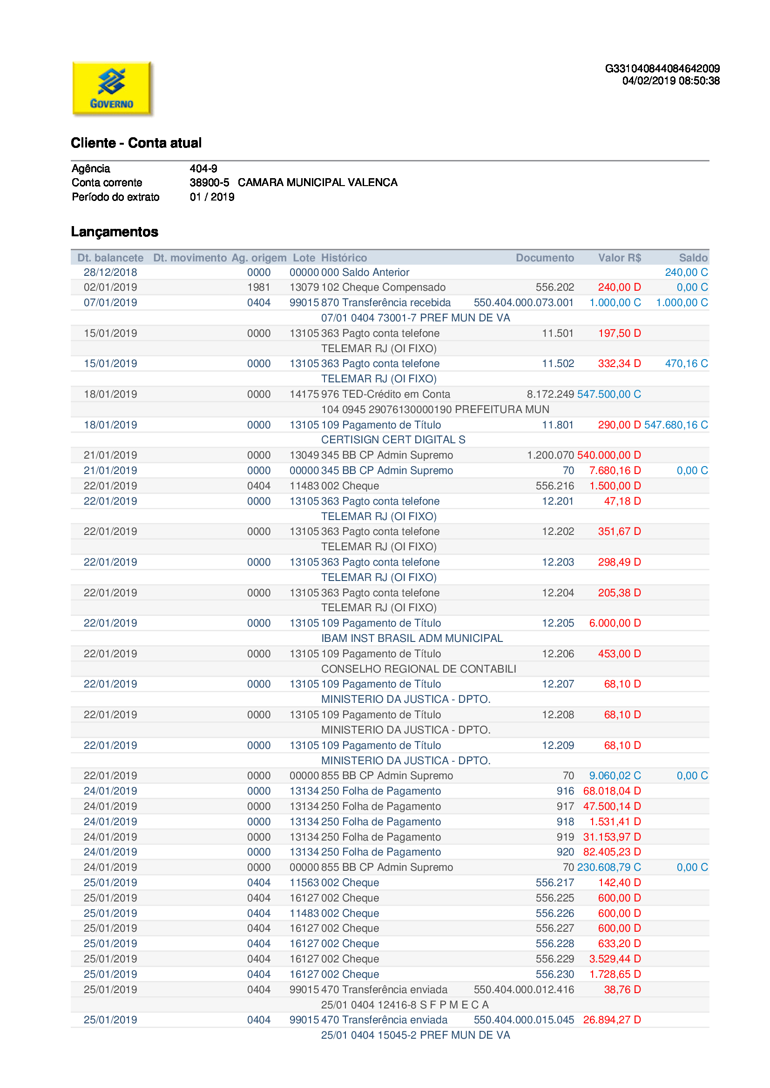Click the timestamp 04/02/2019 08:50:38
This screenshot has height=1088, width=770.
tap(670, 81)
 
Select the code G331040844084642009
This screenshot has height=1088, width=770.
tap(662, 69)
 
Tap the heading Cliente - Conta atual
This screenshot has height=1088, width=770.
tap(136, 143)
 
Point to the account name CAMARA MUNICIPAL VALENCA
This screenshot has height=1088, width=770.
tap(317, 183)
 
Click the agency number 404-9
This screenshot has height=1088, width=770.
tap(203, 169)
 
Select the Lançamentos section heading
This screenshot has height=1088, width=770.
tap(115, 232)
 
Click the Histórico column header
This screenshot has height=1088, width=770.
tap(344, 258)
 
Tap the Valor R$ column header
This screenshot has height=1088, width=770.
tap(619, 258)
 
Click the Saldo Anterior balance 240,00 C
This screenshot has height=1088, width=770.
tap(686, 273)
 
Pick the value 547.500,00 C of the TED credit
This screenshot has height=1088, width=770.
tap(609, 394)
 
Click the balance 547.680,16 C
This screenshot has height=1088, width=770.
tap(675, 425)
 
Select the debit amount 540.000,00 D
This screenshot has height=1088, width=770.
tap(609, 455)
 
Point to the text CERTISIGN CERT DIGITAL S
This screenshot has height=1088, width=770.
tap(393, 440)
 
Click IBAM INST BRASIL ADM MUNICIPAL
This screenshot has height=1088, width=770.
tap(412, 638)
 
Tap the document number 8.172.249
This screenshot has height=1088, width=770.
tap(550, 394)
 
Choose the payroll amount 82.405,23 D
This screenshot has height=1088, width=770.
tap(612, 852)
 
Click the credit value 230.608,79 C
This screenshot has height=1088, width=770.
tap(609, 867)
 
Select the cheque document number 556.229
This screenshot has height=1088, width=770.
tap(555, 959)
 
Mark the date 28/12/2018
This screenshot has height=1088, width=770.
tap(110, 273)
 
